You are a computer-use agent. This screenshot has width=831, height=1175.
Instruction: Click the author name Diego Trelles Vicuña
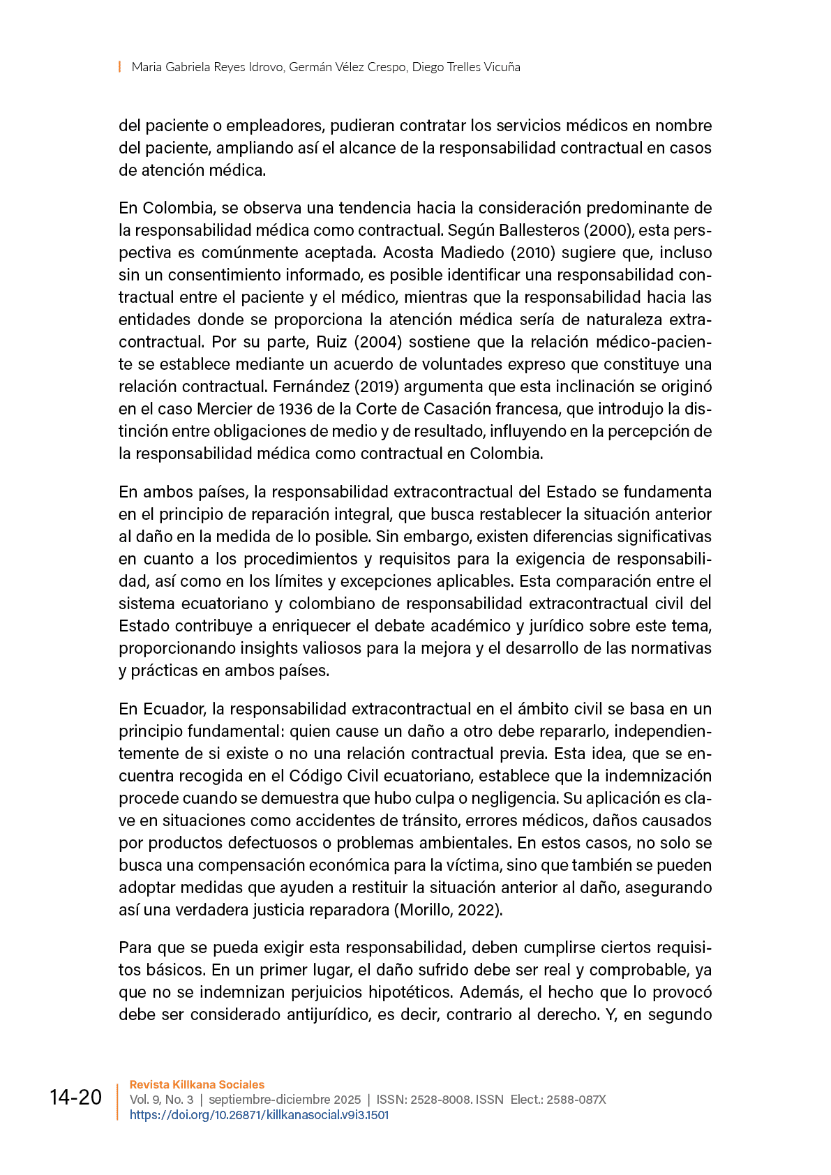466,67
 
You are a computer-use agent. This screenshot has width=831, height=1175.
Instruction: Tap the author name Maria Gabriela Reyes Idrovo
207,67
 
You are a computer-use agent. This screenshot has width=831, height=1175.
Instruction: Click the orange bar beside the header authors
120,67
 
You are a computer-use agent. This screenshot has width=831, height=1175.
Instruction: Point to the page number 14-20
75,1098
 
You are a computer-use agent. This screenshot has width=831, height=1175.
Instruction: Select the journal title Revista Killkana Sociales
197,1084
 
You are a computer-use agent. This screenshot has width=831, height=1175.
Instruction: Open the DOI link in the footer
259,1115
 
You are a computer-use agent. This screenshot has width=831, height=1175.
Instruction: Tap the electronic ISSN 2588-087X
576,1100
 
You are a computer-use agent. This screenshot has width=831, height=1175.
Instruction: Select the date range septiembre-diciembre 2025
285,1100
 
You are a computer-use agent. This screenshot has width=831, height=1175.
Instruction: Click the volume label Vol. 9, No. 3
161,1100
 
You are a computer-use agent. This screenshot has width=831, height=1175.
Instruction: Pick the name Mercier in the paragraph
225,409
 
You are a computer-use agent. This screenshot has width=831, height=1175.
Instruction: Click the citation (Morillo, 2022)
449,910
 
